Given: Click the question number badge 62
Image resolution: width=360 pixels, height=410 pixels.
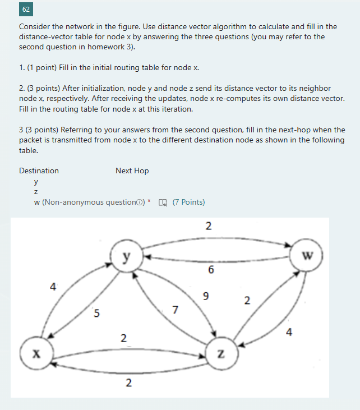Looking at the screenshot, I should coord(27,10).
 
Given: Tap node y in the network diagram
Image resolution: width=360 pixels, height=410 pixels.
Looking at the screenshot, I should coord(127,257).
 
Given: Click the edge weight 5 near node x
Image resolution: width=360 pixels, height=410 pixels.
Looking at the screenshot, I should coord(96,314).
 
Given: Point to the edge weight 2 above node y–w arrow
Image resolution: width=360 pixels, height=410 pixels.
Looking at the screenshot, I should coord(208,227).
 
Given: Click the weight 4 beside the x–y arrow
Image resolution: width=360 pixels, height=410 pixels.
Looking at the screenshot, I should coord(53,287).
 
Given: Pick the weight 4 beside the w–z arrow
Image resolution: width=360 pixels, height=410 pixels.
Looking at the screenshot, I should coord(288,332).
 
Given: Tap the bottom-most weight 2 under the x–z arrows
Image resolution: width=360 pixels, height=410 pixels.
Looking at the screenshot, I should coord(128,383).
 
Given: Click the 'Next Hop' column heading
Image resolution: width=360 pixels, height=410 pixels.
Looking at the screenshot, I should coord(132,171).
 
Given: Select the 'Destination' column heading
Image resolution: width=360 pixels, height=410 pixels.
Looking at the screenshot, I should coord(39,171).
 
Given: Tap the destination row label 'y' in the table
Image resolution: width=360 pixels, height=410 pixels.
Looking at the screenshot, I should coord(36,182).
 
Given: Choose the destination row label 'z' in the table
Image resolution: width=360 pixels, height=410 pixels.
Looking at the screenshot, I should coord(36,192).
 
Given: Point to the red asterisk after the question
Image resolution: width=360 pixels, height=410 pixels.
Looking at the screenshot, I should coord(149,201).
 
